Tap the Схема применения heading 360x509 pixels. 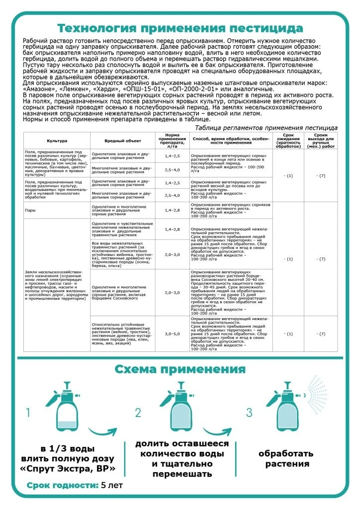pos(180,369)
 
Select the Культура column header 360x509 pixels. pos(57,141)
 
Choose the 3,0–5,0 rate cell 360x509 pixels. pos(172,334)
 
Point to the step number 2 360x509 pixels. pos(138,413)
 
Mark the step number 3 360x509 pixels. pos(249,413)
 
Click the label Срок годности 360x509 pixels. pos(63,485)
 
